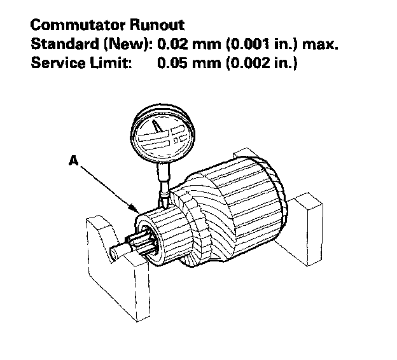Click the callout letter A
pyautogui.click(x=74, y=162)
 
